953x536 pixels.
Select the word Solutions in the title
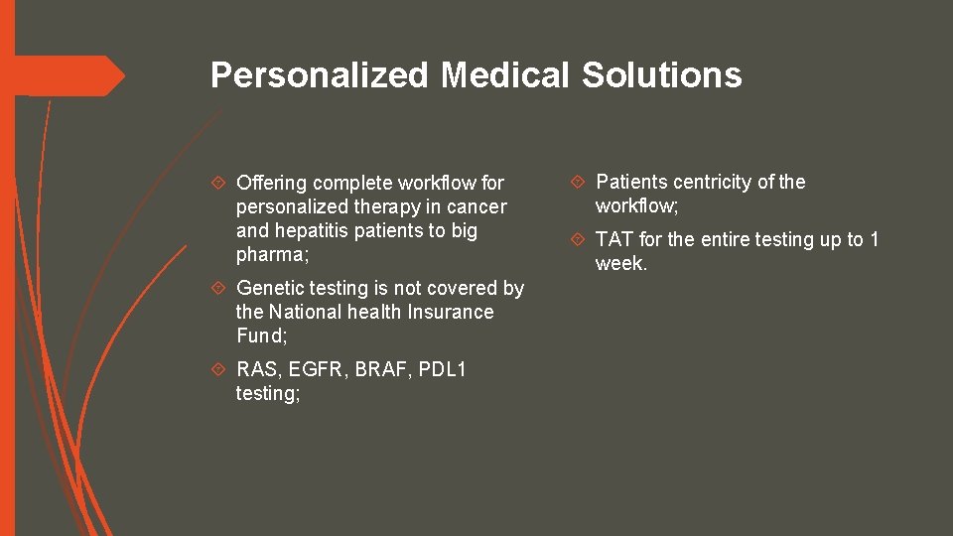click(x=662, y=74)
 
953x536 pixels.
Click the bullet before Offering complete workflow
click(x=221, y=183)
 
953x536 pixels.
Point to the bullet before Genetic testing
click(x=221, y=288)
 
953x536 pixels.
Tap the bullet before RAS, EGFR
click(x=221, y=369)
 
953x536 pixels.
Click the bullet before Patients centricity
click(x=581, y=182)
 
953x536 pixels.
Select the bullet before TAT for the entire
click(x=581, y=239)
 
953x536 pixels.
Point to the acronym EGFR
click(x=319, y=369)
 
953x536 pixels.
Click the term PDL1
click(x=443, y=369)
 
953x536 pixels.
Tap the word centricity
click(x=713, y=182)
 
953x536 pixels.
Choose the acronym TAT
click(x=614, y=239)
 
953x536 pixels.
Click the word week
click(x=619, y=264)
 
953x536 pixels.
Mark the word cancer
click(x=478, y=206)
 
